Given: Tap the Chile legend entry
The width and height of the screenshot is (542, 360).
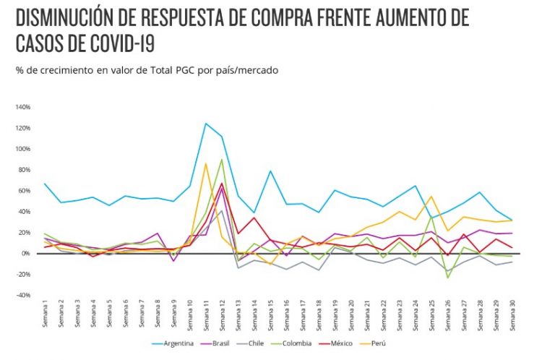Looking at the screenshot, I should (275, 343).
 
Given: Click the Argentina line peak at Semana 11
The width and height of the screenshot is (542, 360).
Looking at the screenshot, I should (206, 124).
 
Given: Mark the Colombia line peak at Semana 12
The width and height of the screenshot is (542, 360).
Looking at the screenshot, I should (222, 160).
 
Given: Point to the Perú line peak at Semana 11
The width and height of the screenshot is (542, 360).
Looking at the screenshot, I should (206, 163).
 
